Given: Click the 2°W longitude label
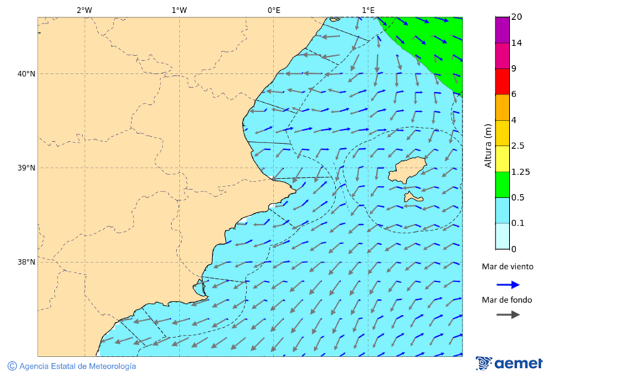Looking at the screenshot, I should tap(84, 10).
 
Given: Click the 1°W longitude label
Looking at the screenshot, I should tap(179, 10).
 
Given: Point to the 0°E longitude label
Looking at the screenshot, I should tap(273, 10).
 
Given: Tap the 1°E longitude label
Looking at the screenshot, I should tap(368, 10).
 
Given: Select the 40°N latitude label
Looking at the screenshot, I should tap(26, 74).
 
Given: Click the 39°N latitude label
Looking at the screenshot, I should tap(26, 168).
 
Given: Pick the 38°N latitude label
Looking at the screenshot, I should tap(26, 262).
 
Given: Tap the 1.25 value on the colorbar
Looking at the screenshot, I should tap(522, 172).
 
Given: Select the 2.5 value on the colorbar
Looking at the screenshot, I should tap(518, 146).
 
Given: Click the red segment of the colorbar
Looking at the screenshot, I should tap(502, 82).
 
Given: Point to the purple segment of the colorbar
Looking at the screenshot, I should tap(502, 30).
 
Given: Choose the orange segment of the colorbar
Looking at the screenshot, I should tap(502, 107).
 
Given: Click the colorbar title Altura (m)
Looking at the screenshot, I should tap(488, 145).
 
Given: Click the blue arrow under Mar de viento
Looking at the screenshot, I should tap(508, 284).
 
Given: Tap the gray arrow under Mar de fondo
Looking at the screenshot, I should tap(508, 315).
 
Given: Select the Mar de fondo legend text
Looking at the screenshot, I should tap(507, 300).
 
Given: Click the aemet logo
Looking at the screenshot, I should tap(509, 363).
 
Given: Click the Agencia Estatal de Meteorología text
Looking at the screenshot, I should tap(77, 366).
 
